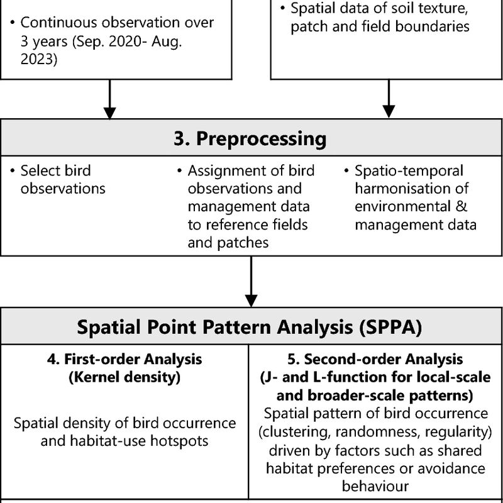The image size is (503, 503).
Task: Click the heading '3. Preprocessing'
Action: click(x=250, y=138)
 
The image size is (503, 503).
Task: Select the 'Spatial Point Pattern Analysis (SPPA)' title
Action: click(x=250, y=327)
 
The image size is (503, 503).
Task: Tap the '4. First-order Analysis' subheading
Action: click(x=124, y=359)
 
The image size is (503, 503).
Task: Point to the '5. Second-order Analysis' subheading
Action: click(x=375, y=359)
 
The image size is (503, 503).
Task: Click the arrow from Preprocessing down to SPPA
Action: click(x=251, y=281)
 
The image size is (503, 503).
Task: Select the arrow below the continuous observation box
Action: click(x=109, y=99)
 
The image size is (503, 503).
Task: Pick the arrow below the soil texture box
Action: click(x=389, y=99)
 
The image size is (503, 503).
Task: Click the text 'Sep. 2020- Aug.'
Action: click(x=128, y=41)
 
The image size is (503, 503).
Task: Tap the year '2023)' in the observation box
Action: click(x=39, y=59)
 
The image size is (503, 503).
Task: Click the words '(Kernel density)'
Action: click(x=124, y=377)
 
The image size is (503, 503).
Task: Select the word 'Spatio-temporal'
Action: click(x=409, y=170)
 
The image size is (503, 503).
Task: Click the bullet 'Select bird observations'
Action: click(x=58, y=180)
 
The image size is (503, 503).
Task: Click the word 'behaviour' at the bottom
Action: click(x=375, y=486)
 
